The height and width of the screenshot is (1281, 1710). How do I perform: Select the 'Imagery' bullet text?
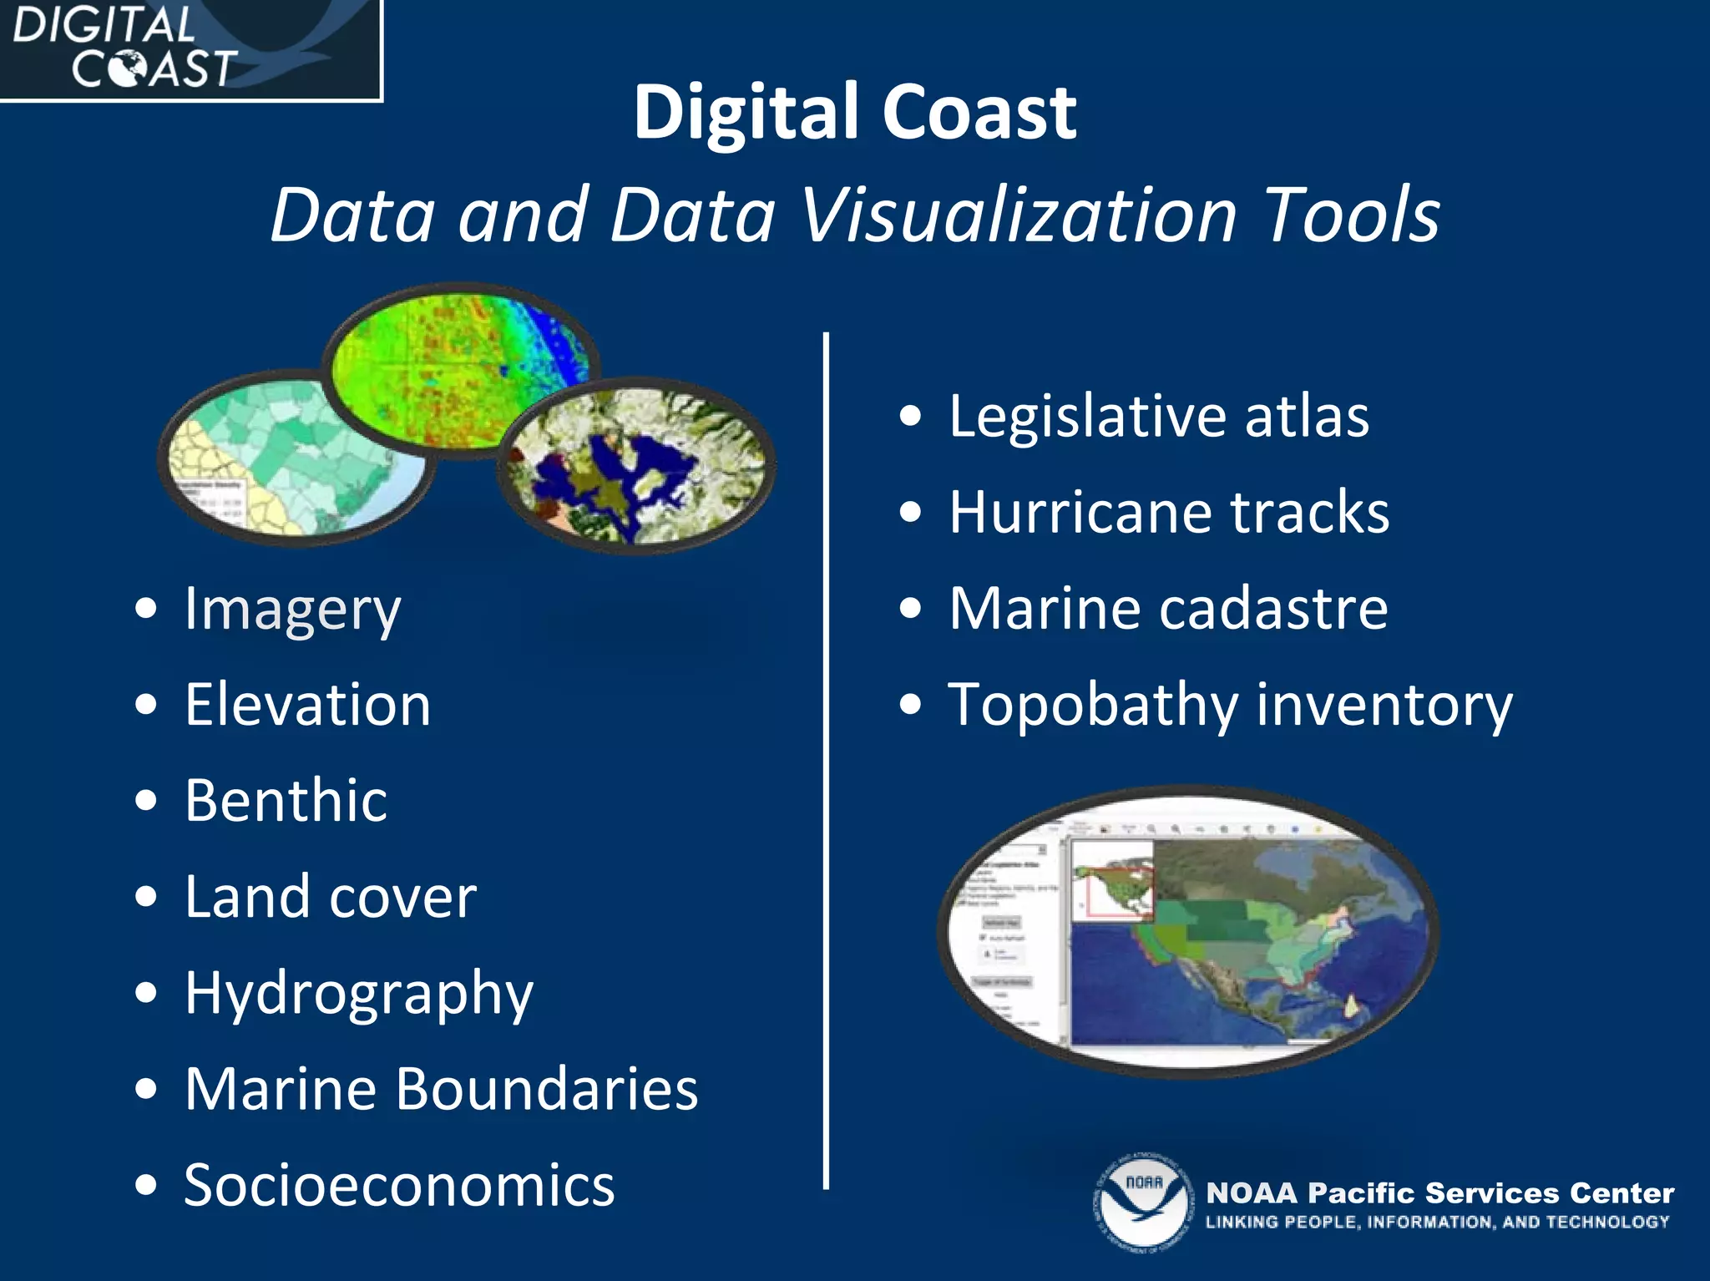(292, 610)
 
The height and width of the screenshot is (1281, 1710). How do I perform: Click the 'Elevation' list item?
(307, 705)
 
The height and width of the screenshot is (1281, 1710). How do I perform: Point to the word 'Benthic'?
(286, 801)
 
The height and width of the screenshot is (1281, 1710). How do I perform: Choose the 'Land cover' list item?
(331, 897)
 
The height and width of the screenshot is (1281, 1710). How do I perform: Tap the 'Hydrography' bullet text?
(359, 994)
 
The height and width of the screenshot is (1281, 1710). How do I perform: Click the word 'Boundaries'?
(547, 1089)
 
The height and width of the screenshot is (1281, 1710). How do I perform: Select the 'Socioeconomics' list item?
(399, 1185)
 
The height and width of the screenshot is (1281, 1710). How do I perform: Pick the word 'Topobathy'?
(1093, 706)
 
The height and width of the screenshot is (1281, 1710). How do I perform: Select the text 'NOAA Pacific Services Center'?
(1439, 1192)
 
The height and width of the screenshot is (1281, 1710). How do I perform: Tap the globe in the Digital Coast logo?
(129, 68)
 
